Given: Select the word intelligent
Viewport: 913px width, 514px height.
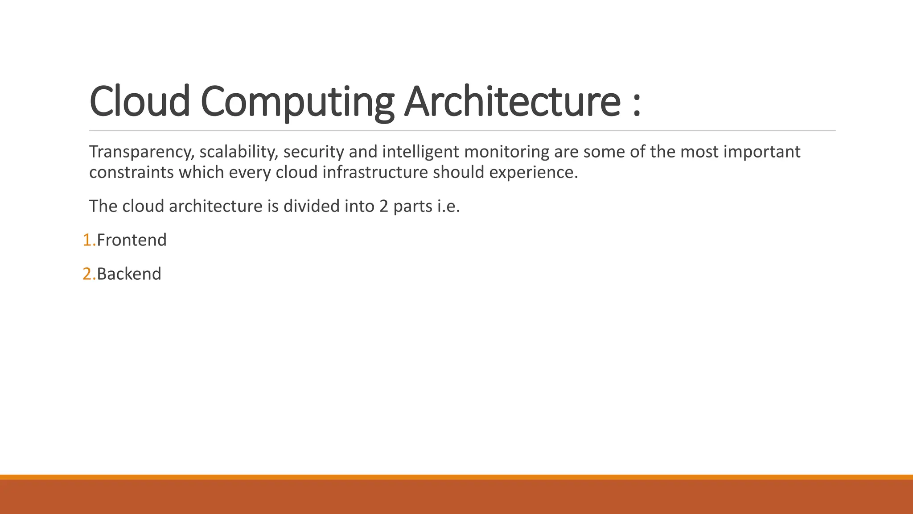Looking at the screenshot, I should coord(420,152).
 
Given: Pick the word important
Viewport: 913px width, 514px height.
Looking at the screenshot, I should coord(762,152).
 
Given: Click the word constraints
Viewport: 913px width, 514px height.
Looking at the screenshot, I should coord(132,172).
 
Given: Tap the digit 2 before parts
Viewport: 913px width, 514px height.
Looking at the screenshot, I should coord(384,207).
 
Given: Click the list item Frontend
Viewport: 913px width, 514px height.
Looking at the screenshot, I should coord(132,240).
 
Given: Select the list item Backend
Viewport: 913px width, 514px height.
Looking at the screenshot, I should coord(129,274).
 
